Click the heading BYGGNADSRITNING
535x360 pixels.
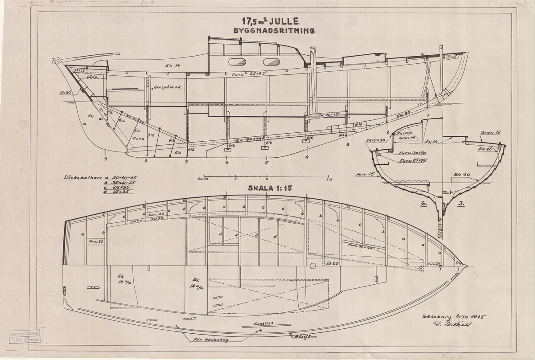[274, 31]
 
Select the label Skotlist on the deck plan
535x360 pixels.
[261, 323]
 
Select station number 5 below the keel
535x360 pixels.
[267, 163]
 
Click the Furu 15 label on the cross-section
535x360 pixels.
[364, 176]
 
